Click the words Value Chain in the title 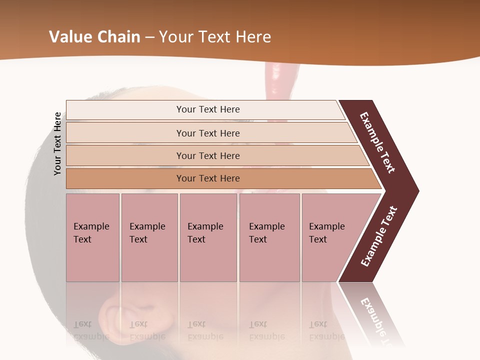94,37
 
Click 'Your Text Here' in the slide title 215,37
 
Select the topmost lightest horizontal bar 208,109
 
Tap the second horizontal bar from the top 208,133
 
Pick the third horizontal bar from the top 208,155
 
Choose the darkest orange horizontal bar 208,178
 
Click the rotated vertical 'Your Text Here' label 57,144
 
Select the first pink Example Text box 92,237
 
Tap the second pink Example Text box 149,237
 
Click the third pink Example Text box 208,237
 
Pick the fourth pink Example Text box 269,237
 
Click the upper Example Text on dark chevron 377,142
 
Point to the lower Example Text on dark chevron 379,236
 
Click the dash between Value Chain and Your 149,37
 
